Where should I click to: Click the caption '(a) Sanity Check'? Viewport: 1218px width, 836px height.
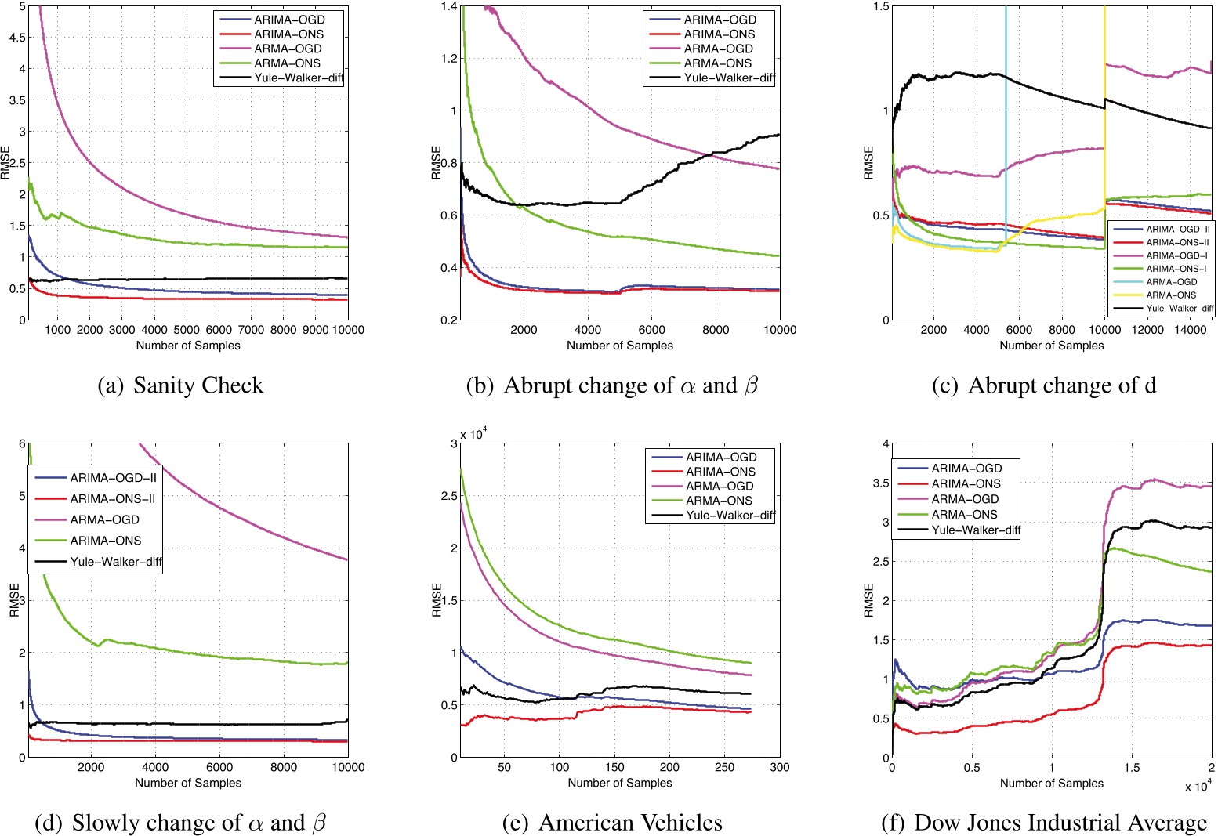pyautogui.click(x=181, y=385)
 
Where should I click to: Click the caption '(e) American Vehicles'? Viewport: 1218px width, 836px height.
pyautogui.click(x=613, y=823)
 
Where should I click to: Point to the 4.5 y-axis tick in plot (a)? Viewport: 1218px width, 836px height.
pyautogui.click(x=16, y=38)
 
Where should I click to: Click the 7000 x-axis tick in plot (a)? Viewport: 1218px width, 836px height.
pyautogui.click(x=251, y=330)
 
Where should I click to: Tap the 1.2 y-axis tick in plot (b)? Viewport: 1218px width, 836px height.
pyautogui.click(x=448, y=59)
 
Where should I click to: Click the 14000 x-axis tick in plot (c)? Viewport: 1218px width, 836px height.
pyautogui.click(x=1190, y=330)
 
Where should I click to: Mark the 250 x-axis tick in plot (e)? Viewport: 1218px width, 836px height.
pyautogui.click(x=725, y=767)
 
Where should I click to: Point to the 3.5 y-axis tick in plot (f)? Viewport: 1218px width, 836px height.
pyautogui.click(x=879, y=483)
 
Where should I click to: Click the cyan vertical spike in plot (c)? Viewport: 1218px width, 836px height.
pyautogui.click(x=1006, y=118)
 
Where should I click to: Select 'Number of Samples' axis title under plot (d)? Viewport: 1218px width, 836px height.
pyautogui.click(x=188, y=783)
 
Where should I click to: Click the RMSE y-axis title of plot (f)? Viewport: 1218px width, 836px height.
pyautogui.click(x=868, y=600)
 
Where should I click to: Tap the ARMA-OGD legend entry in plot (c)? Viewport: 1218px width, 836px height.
pyautogui.click(x=1171, y=282)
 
